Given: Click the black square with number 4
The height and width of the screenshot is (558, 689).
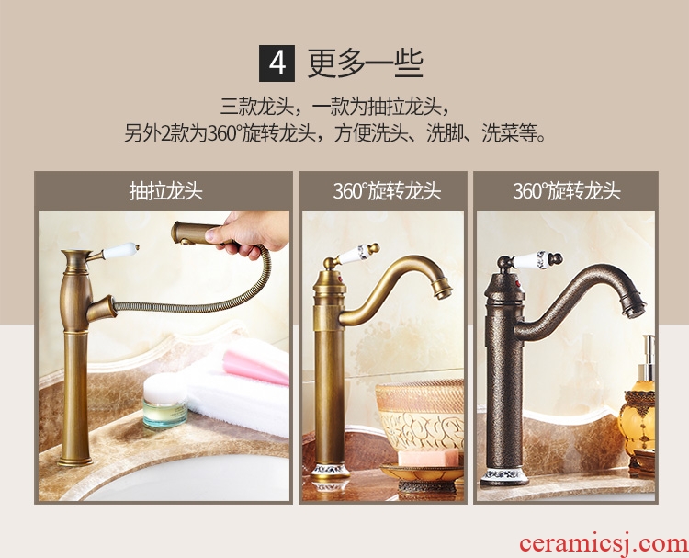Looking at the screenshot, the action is tap(277, 63).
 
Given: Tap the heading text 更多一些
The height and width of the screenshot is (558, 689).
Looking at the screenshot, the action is tap(365, 63).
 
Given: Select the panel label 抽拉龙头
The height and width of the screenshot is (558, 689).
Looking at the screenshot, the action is tap(165, 191).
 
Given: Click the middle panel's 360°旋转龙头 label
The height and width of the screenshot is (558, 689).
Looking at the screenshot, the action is tap(387, 191).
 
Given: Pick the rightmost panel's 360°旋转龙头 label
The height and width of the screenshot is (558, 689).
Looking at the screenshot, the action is tap(567, 191).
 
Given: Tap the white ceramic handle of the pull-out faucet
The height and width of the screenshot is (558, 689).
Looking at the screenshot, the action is tap(119, 251).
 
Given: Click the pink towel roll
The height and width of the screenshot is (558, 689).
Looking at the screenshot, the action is tap(255, 366).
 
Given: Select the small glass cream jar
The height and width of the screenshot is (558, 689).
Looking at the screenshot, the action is tap(165, 401).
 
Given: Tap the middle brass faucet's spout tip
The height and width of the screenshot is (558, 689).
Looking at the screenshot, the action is tap(442, 290).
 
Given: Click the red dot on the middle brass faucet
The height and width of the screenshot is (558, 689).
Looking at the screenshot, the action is tap(338, 278).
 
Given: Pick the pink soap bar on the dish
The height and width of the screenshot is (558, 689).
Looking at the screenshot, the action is tap(427, 458).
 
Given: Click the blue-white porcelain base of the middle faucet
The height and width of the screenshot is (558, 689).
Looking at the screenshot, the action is tap(331, 471).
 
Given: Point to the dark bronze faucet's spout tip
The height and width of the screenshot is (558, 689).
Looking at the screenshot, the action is tap(634, 304).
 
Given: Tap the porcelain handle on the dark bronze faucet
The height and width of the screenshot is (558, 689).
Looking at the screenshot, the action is tap(537, 260).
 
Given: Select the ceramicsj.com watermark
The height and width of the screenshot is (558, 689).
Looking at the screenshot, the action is tap(604, 543).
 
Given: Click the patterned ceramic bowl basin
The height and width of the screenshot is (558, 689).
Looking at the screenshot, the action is tap(420, 415).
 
